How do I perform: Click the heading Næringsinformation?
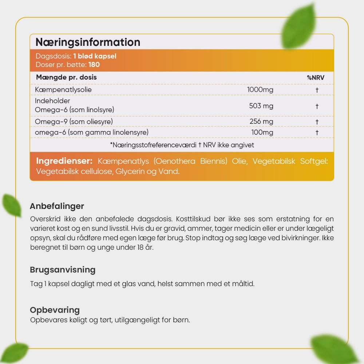[x=88, y=42]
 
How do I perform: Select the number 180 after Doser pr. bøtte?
[x=94, y=65]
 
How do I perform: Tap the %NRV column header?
[x=315, y=78]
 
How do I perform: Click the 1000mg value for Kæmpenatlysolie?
[x=260, y=90]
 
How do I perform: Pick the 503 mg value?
[x=261, y=106]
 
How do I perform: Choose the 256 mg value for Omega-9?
[x=261, y=121]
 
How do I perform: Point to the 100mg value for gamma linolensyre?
[x=262, y=132]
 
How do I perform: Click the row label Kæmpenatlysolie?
[x=63, y=90]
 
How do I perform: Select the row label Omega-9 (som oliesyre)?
[x=74, y=121]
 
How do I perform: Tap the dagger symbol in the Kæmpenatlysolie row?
[x=317, y=90]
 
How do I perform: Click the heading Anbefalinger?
[x=57, y=206]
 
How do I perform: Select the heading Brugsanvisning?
[x=63, y=270]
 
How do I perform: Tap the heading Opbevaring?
[x=55, y=310]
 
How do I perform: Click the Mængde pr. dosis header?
[x=66, y=78]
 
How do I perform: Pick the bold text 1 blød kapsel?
[x=95, y=56]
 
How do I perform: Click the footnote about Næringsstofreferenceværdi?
[x=182, y=145]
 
